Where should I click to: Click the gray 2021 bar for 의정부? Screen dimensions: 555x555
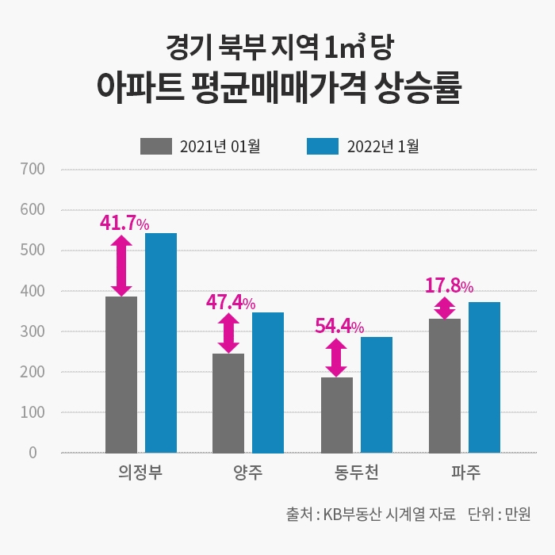121,374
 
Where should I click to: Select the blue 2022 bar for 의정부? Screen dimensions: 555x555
161,343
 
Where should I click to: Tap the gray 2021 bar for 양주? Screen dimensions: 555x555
228,403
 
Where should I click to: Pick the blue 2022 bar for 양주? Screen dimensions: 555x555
268,382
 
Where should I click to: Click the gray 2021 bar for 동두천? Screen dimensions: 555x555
337,415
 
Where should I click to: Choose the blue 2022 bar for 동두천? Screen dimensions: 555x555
377,395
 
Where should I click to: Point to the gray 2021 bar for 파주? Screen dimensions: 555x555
445,385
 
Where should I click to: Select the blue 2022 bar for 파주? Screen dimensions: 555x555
484,377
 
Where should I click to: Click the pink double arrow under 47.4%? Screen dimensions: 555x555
228,333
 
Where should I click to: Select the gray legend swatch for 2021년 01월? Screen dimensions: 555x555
156,146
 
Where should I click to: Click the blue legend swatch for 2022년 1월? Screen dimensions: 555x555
323,146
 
